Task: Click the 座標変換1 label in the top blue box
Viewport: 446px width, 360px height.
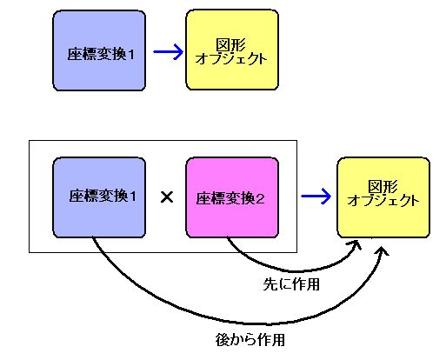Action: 101,54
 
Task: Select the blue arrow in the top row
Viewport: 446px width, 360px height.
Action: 168,52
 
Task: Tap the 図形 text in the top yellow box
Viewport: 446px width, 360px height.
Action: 231,44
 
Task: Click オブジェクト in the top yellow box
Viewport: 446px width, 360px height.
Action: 231,58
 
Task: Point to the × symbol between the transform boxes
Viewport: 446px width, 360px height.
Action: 167,197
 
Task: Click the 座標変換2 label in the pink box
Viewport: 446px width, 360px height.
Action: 230,199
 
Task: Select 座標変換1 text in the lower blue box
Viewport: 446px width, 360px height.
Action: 103,196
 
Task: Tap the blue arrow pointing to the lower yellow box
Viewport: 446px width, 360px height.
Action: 316,197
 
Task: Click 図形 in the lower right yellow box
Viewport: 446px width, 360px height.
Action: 383,186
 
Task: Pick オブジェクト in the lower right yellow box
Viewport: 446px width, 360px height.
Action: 383,200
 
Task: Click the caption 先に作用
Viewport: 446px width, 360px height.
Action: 291,284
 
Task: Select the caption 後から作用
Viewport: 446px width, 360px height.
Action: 250,339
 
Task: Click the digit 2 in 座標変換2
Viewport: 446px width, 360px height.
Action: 260,199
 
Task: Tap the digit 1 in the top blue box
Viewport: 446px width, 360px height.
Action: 131,54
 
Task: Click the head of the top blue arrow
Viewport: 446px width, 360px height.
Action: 178,52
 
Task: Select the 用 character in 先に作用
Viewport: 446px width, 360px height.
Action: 313,284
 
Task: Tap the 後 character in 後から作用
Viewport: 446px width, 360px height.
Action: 223,339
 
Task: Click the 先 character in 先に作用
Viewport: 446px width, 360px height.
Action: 270,284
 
